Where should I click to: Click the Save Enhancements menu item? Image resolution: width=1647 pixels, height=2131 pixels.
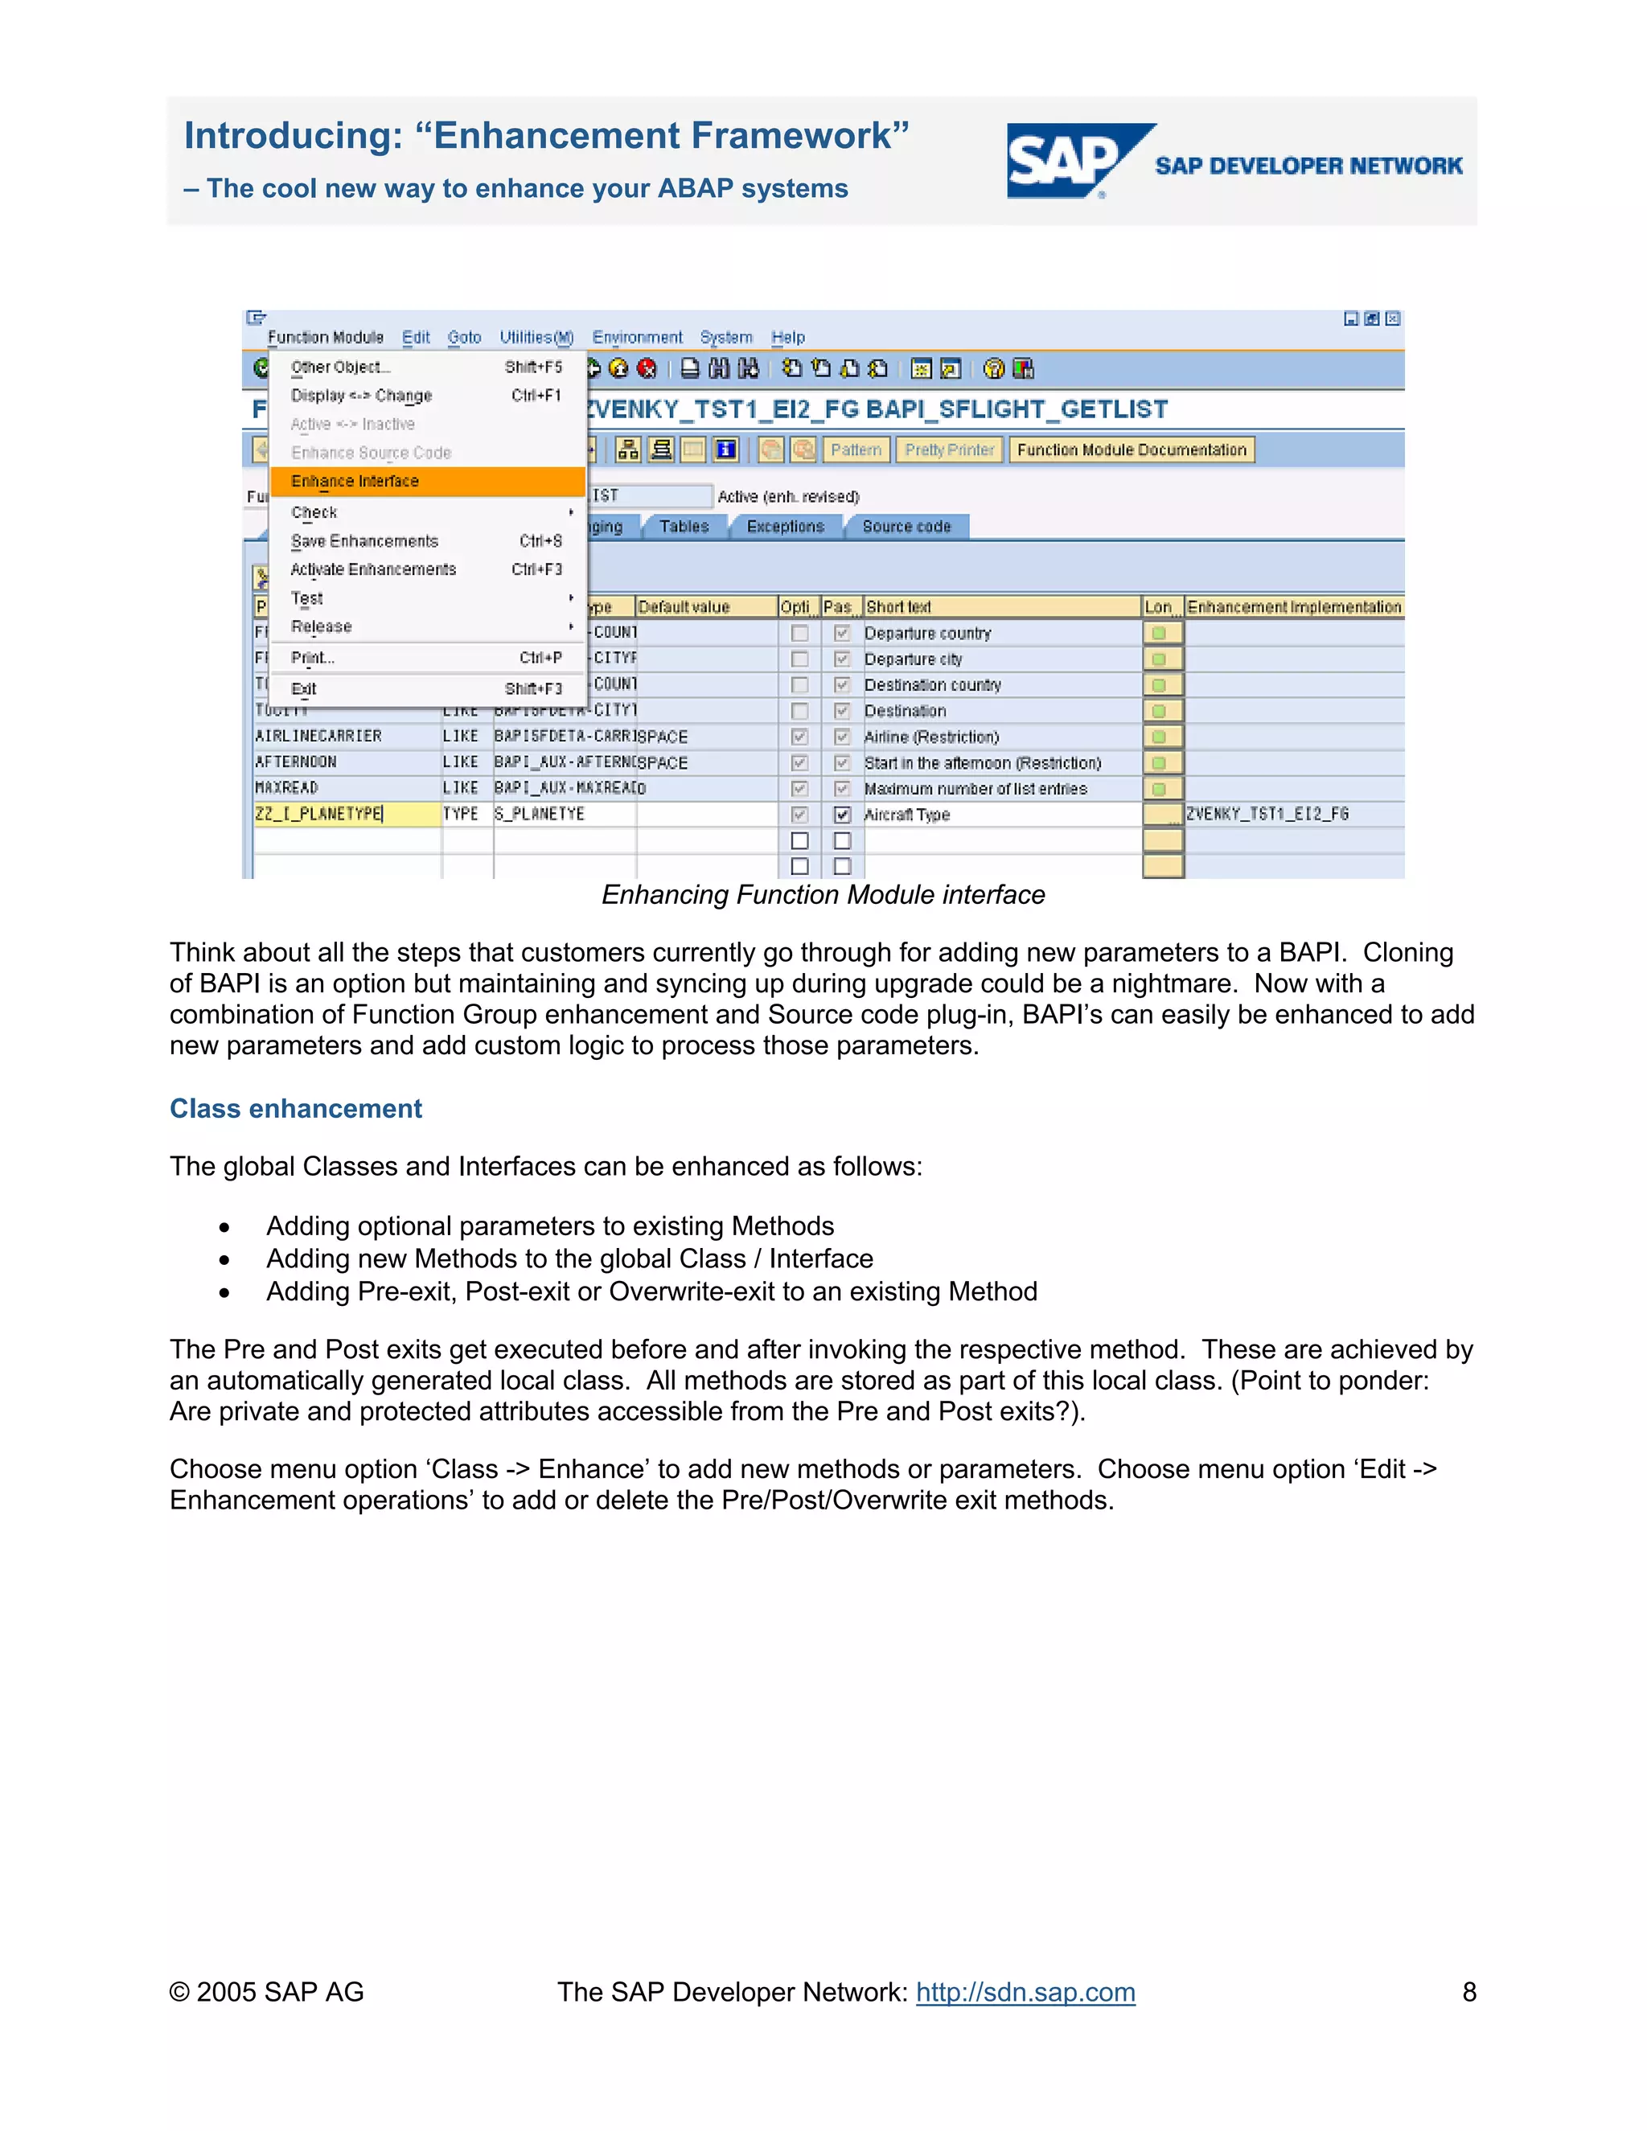pyautogui.click(x=365, y=540)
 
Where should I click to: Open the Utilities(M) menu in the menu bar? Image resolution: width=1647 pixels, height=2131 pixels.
pyautogui.click(x=536, y=338)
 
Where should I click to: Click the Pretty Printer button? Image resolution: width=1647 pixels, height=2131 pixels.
pyautogui.click(x=948, y=450)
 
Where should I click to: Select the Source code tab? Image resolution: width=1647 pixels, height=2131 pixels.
pyautogui.click(x=906, y=527)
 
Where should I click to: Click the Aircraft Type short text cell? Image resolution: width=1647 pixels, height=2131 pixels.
pyautogui.click(x=907, y=815)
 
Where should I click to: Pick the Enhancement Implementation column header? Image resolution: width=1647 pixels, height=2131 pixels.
pyautogui.click(x=1293, y=607)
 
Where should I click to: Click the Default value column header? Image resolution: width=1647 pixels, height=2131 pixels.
pyautogui.click(x=684, y=607)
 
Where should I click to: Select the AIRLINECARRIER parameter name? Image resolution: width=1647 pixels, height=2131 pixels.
pyautogui.click(x=318, y=736)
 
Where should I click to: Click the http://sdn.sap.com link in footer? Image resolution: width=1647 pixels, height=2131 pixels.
pyautogui.click(x=1025, y=1991)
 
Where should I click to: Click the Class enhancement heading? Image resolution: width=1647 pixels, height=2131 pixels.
pyautogui.click(x=296, y=1108)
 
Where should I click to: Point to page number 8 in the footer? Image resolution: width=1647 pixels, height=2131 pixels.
pyautogui.click(x=1468, y=1991)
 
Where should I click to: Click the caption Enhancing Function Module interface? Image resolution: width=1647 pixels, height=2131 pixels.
pyautogui.click(x=823, y=895)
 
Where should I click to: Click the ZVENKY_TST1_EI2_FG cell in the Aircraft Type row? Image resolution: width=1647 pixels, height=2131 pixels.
pyautogui.click(x=1267, y=814)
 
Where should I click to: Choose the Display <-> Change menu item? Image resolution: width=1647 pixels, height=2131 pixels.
pyautogui.click(x=361, y=395)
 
